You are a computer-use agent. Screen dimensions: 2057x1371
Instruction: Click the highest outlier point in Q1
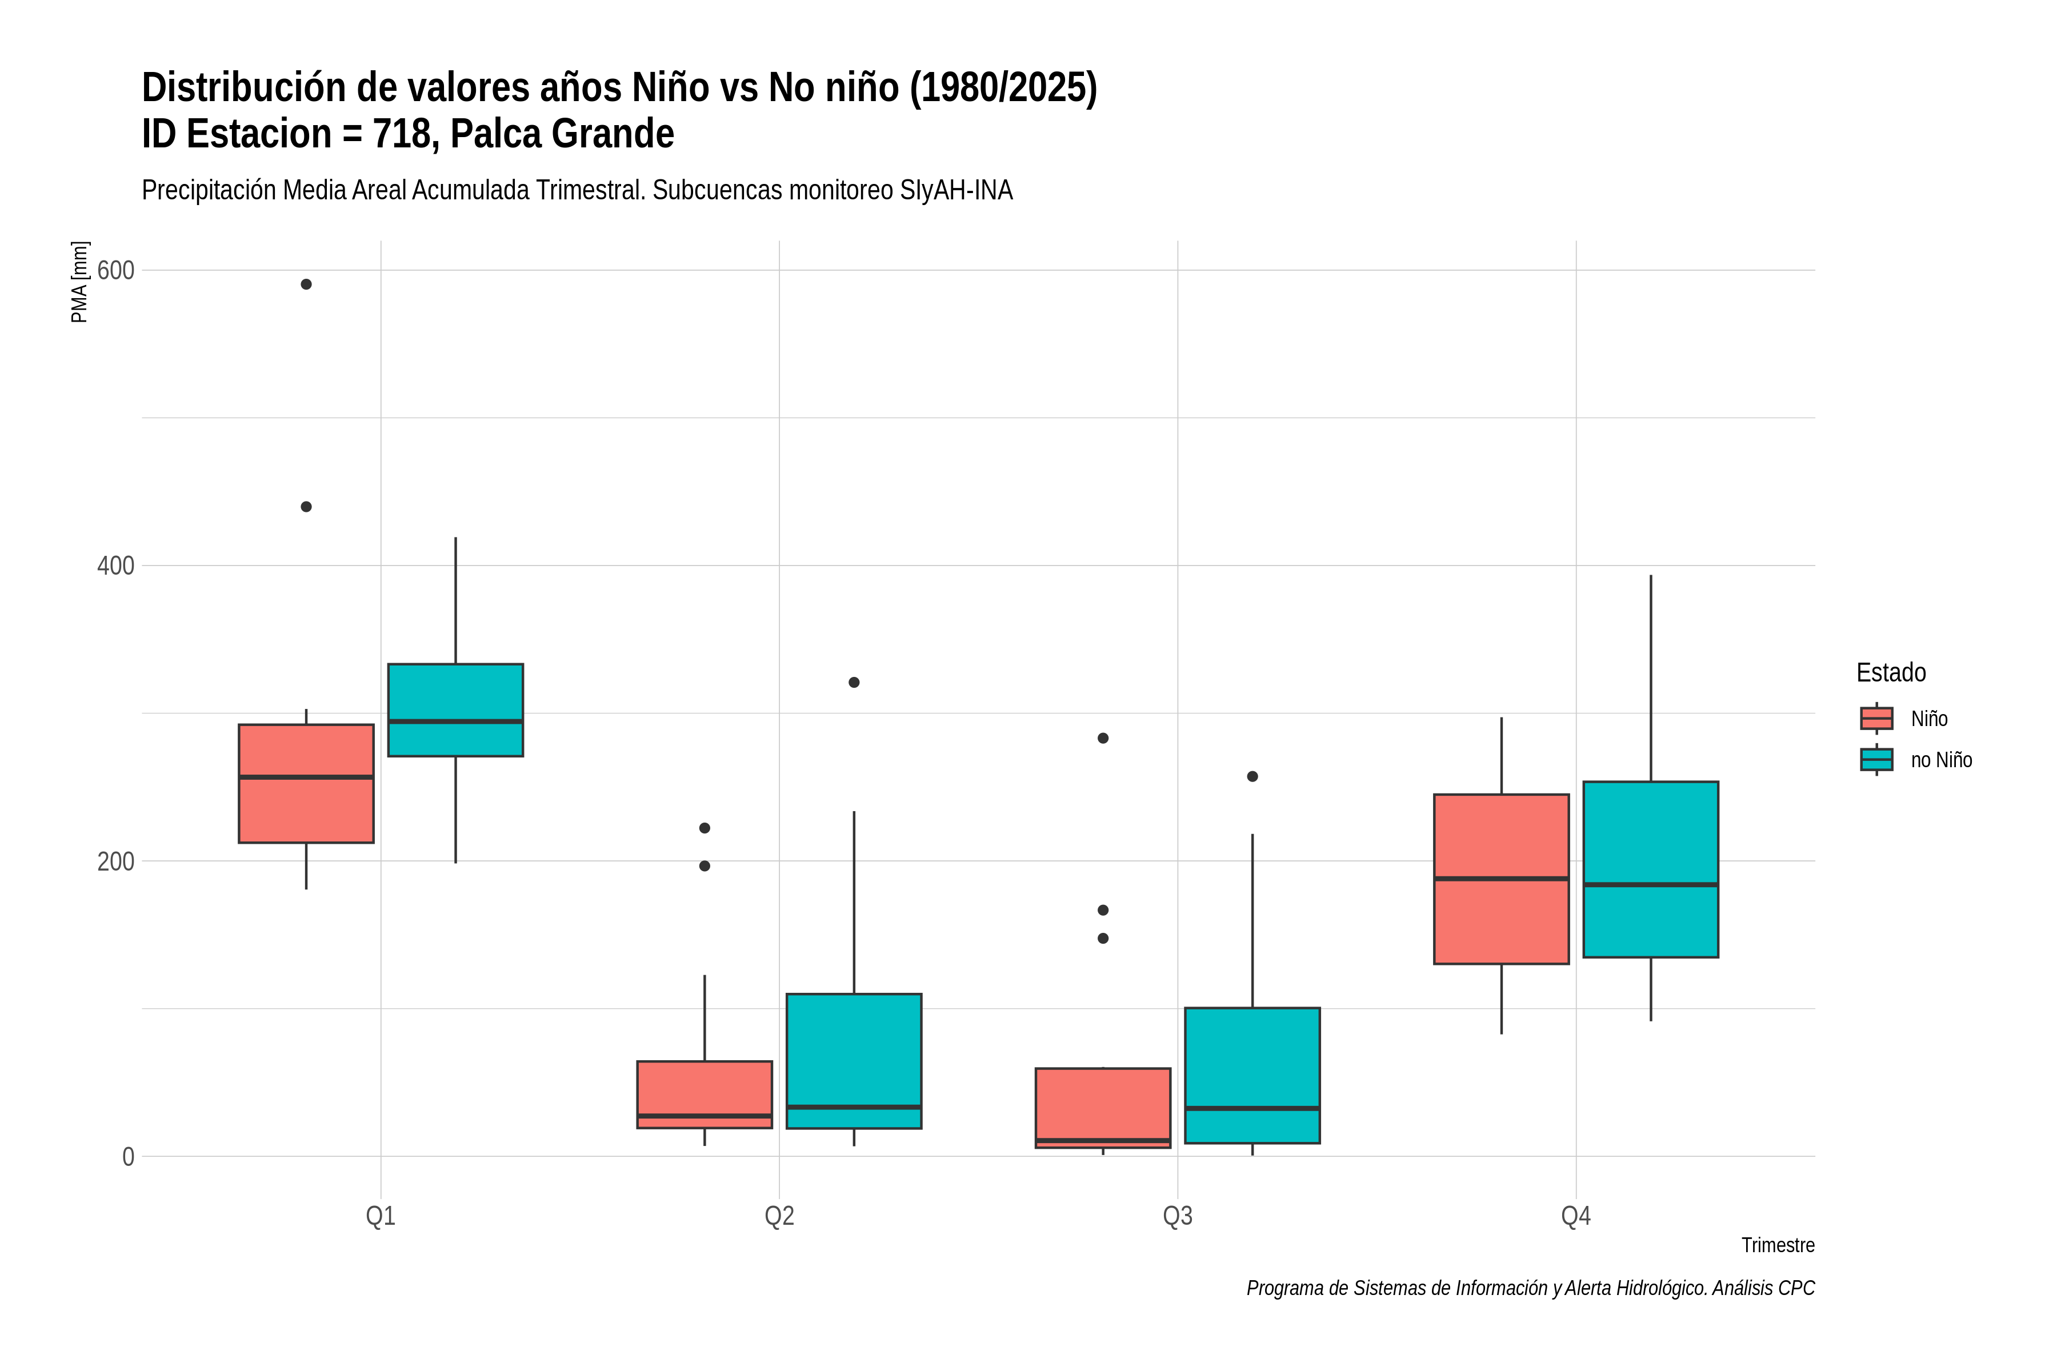pyautogui.click(x=306, y=284)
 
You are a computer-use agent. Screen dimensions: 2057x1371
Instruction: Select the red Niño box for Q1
pyautogui.click(x=306, y=783)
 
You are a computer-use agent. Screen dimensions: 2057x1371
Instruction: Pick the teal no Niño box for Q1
pyautogui.click(x=455, y=710)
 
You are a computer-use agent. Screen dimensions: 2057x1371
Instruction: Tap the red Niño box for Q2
pyautogui.click(x=705, y=1095)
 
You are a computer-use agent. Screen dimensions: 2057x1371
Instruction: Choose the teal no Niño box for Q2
pyautogui.click(x=854, y=1061)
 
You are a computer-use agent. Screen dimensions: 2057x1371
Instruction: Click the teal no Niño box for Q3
pyautogui.click(x=1252, y=1076)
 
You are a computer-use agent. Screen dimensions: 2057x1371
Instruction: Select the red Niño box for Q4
pyautogui.click(x=1502, y=879)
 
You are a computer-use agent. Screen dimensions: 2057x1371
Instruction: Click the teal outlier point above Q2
pyautogui.click(x=854, y=682)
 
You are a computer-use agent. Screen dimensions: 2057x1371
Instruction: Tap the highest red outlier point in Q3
pyautogui.click(x=1103, y=738)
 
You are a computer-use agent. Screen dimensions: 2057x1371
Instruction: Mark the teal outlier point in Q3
pyautogui.click(x=1252, y=776)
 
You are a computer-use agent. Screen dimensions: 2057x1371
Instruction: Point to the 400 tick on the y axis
pyautogui.click(x=115, y=566)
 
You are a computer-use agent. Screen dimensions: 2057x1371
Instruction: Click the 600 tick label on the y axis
pyautogui.click(x=115, y=270)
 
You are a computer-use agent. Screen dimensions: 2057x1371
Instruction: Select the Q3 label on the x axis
pyautogui.click(x=1177, y=1216)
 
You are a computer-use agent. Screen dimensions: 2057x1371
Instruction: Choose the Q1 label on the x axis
pyautogui.click(x=381, y=1216)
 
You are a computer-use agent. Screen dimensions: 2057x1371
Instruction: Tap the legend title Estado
pyautogui.click(x=1891, y=672)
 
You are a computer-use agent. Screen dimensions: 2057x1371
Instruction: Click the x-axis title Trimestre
pyautogui.click(x=1778, y=1245)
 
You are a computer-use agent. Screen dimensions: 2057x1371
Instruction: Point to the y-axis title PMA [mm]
pyautogui.click(x=79, y=282)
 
